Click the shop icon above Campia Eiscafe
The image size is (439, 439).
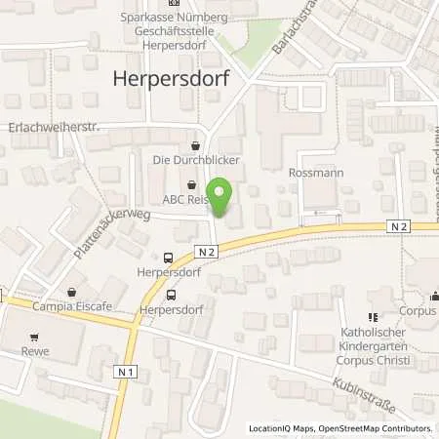coord(72,291)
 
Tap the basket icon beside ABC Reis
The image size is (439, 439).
coord(190,182)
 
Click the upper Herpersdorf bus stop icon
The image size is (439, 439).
coord(170,259)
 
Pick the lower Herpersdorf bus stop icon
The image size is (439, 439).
coord(172,294)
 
